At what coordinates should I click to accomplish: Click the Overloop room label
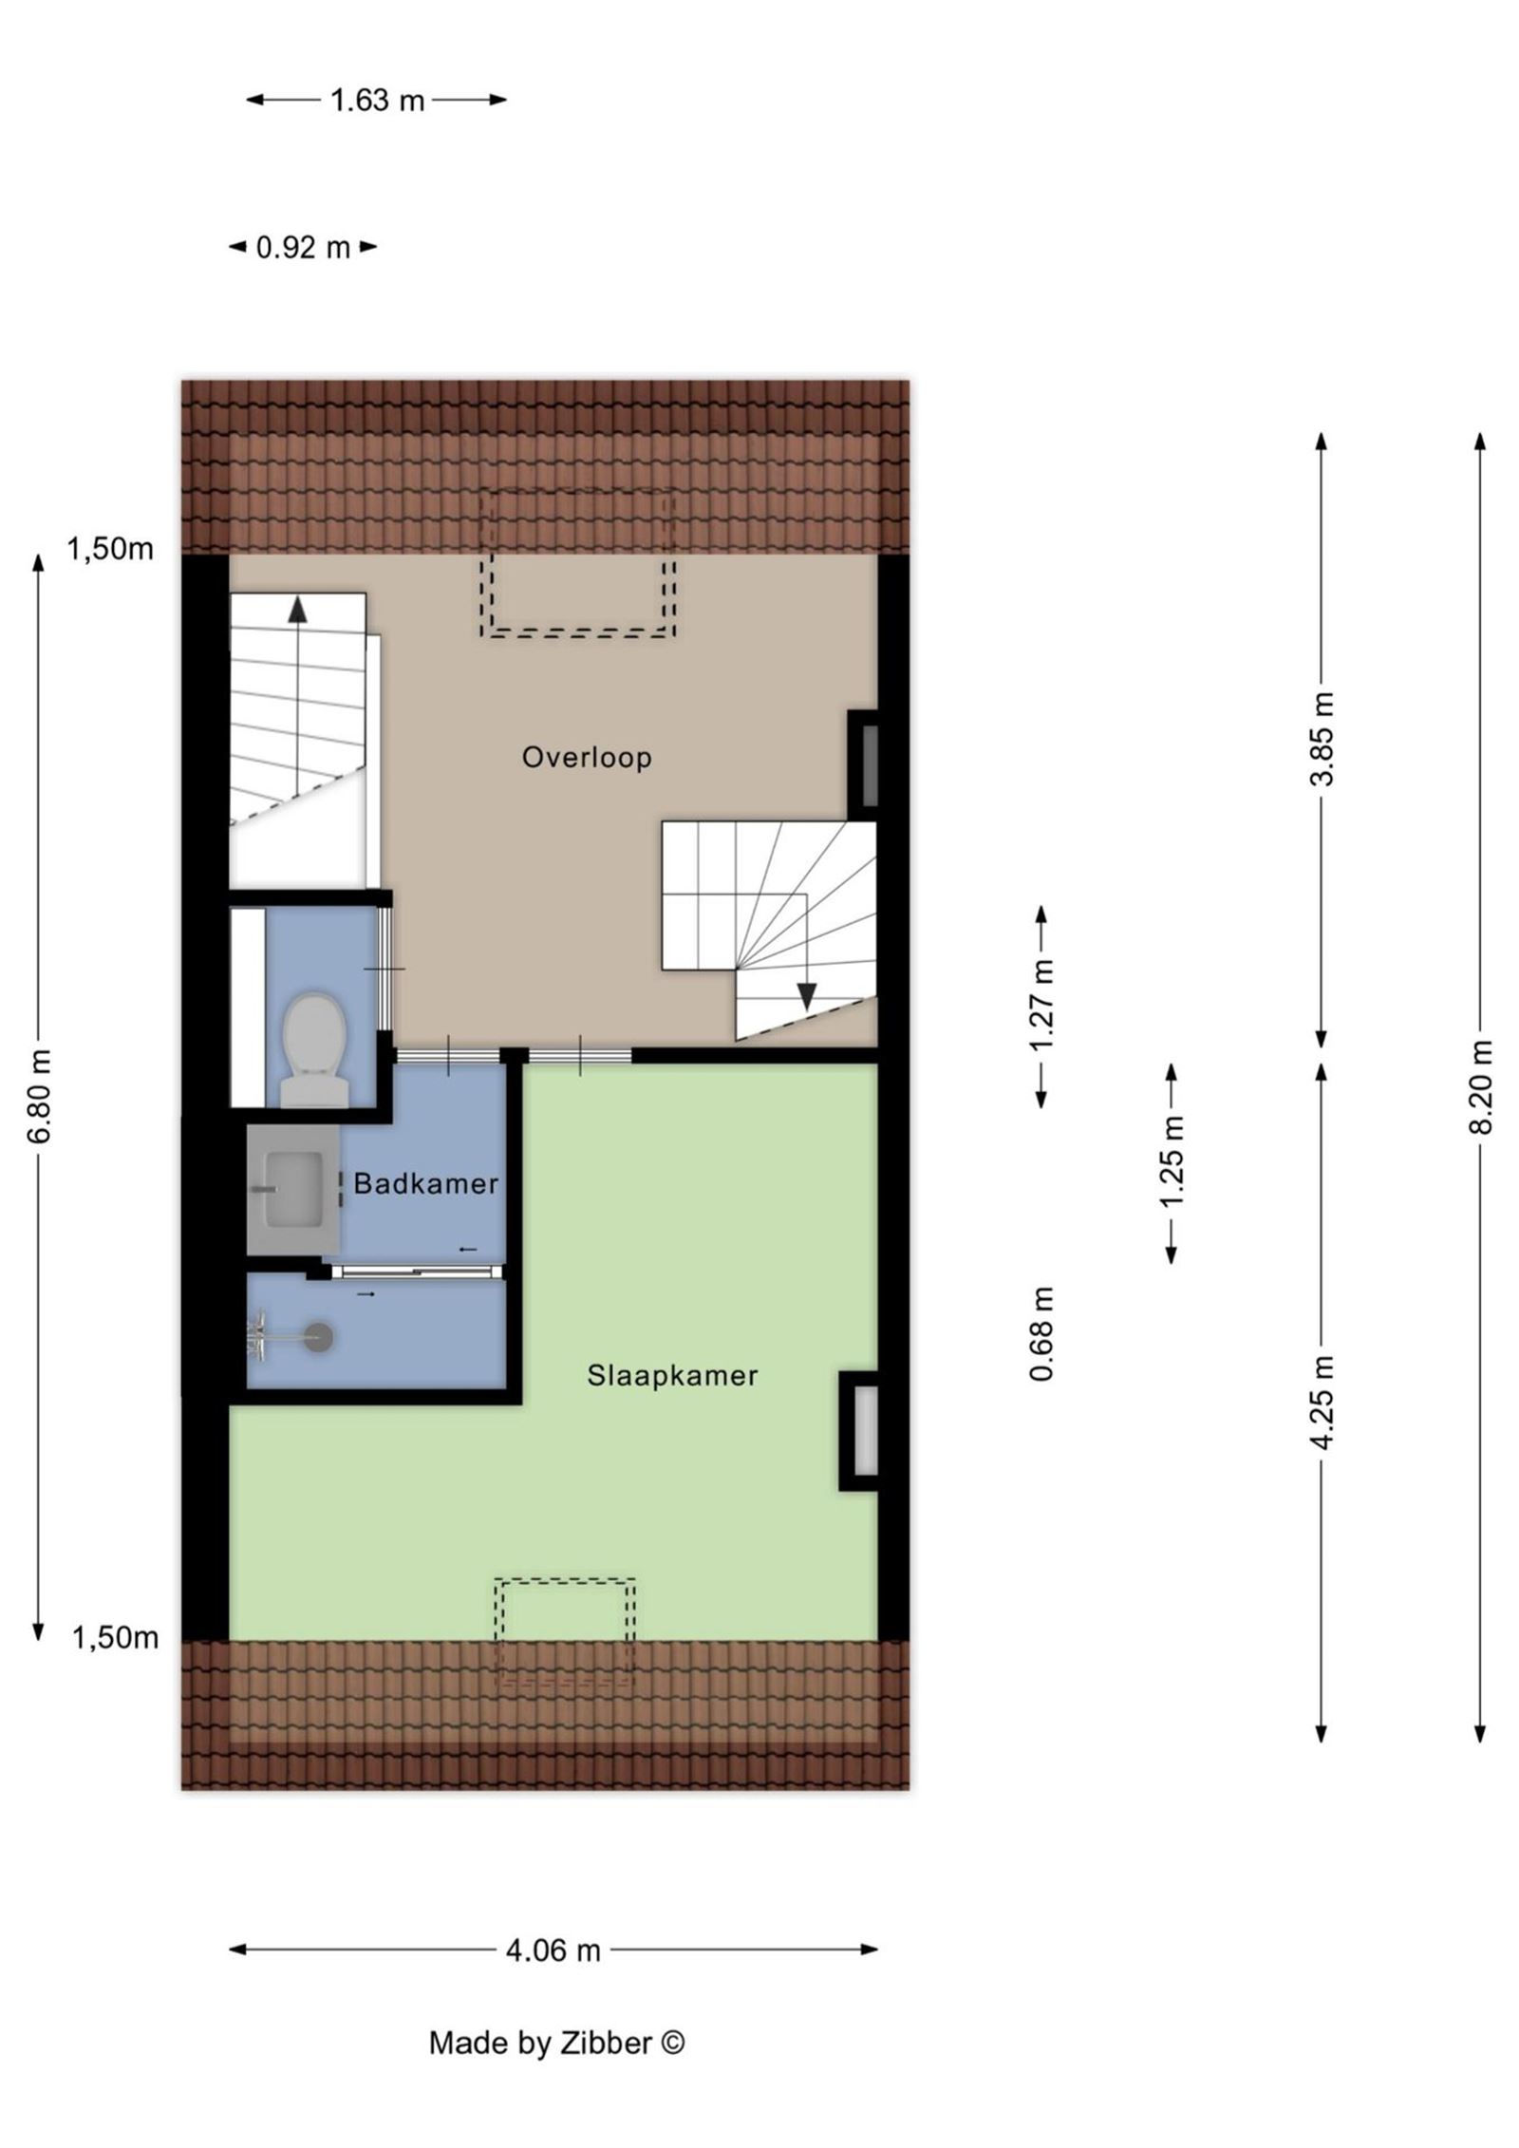tap(587, 757)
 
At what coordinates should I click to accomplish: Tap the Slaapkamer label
tap(672, 1376)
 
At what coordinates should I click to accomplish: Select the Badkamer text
tap(426, 1184)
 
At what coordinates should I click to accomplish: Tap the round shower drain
tap(320, 1338)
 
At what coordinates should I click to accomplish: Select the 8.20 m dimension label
tap(1483, 1085)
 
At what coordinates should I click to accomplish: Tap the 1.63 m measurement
tap(377, 100)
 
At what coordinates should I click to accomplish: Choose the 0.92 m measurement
tap(303, 248)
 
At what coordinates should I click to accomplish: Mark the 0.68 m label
tap(1043, 1333)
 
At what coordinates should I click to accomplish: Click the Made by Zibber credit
tap(556, 2062)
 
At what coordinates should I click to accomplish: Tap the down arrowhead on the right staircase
tap(807, 996)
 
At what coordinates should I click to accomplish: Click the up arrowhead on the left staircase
tap(298, 609)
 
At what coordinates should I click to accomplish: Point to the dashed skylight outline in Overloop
tap(578, 563)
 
